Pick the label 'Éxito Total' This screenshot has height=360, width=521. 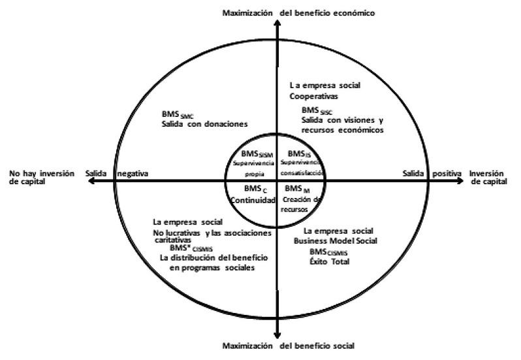(330, 261)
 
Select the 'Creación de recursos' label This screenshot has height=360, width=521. (304, 203)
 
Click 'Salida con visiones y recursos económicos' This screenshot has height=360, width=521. (342, 125)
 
